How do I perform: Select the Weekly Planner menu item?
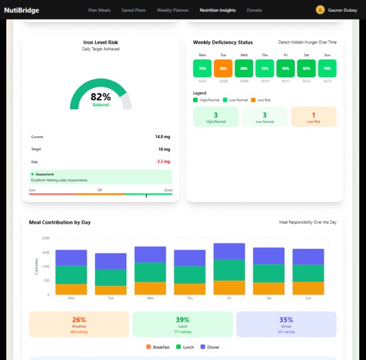173,11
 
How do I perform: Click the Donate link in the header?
255,11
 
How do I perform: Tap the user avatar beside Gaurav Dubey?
320,10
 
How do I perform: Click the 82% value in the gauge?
101,97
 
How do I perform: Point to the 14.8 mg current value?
164,136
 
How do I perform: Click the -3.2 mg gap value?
164,161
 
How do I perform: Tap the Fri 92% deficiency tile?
286,68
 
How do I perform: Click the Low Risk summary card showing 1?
313,117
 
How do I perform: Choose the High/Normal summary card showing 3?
216,117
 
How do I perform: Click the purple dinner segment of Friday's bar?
229,251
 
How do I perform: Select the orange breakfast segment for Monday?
71,289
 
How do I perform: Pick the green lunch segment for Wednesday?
150,271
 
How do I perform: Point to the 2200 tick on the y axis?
45,238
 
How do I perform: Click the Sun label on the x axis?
308,299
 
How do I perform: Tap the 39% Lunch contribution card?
182,324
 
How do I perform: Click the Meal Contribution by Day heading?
60,222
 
